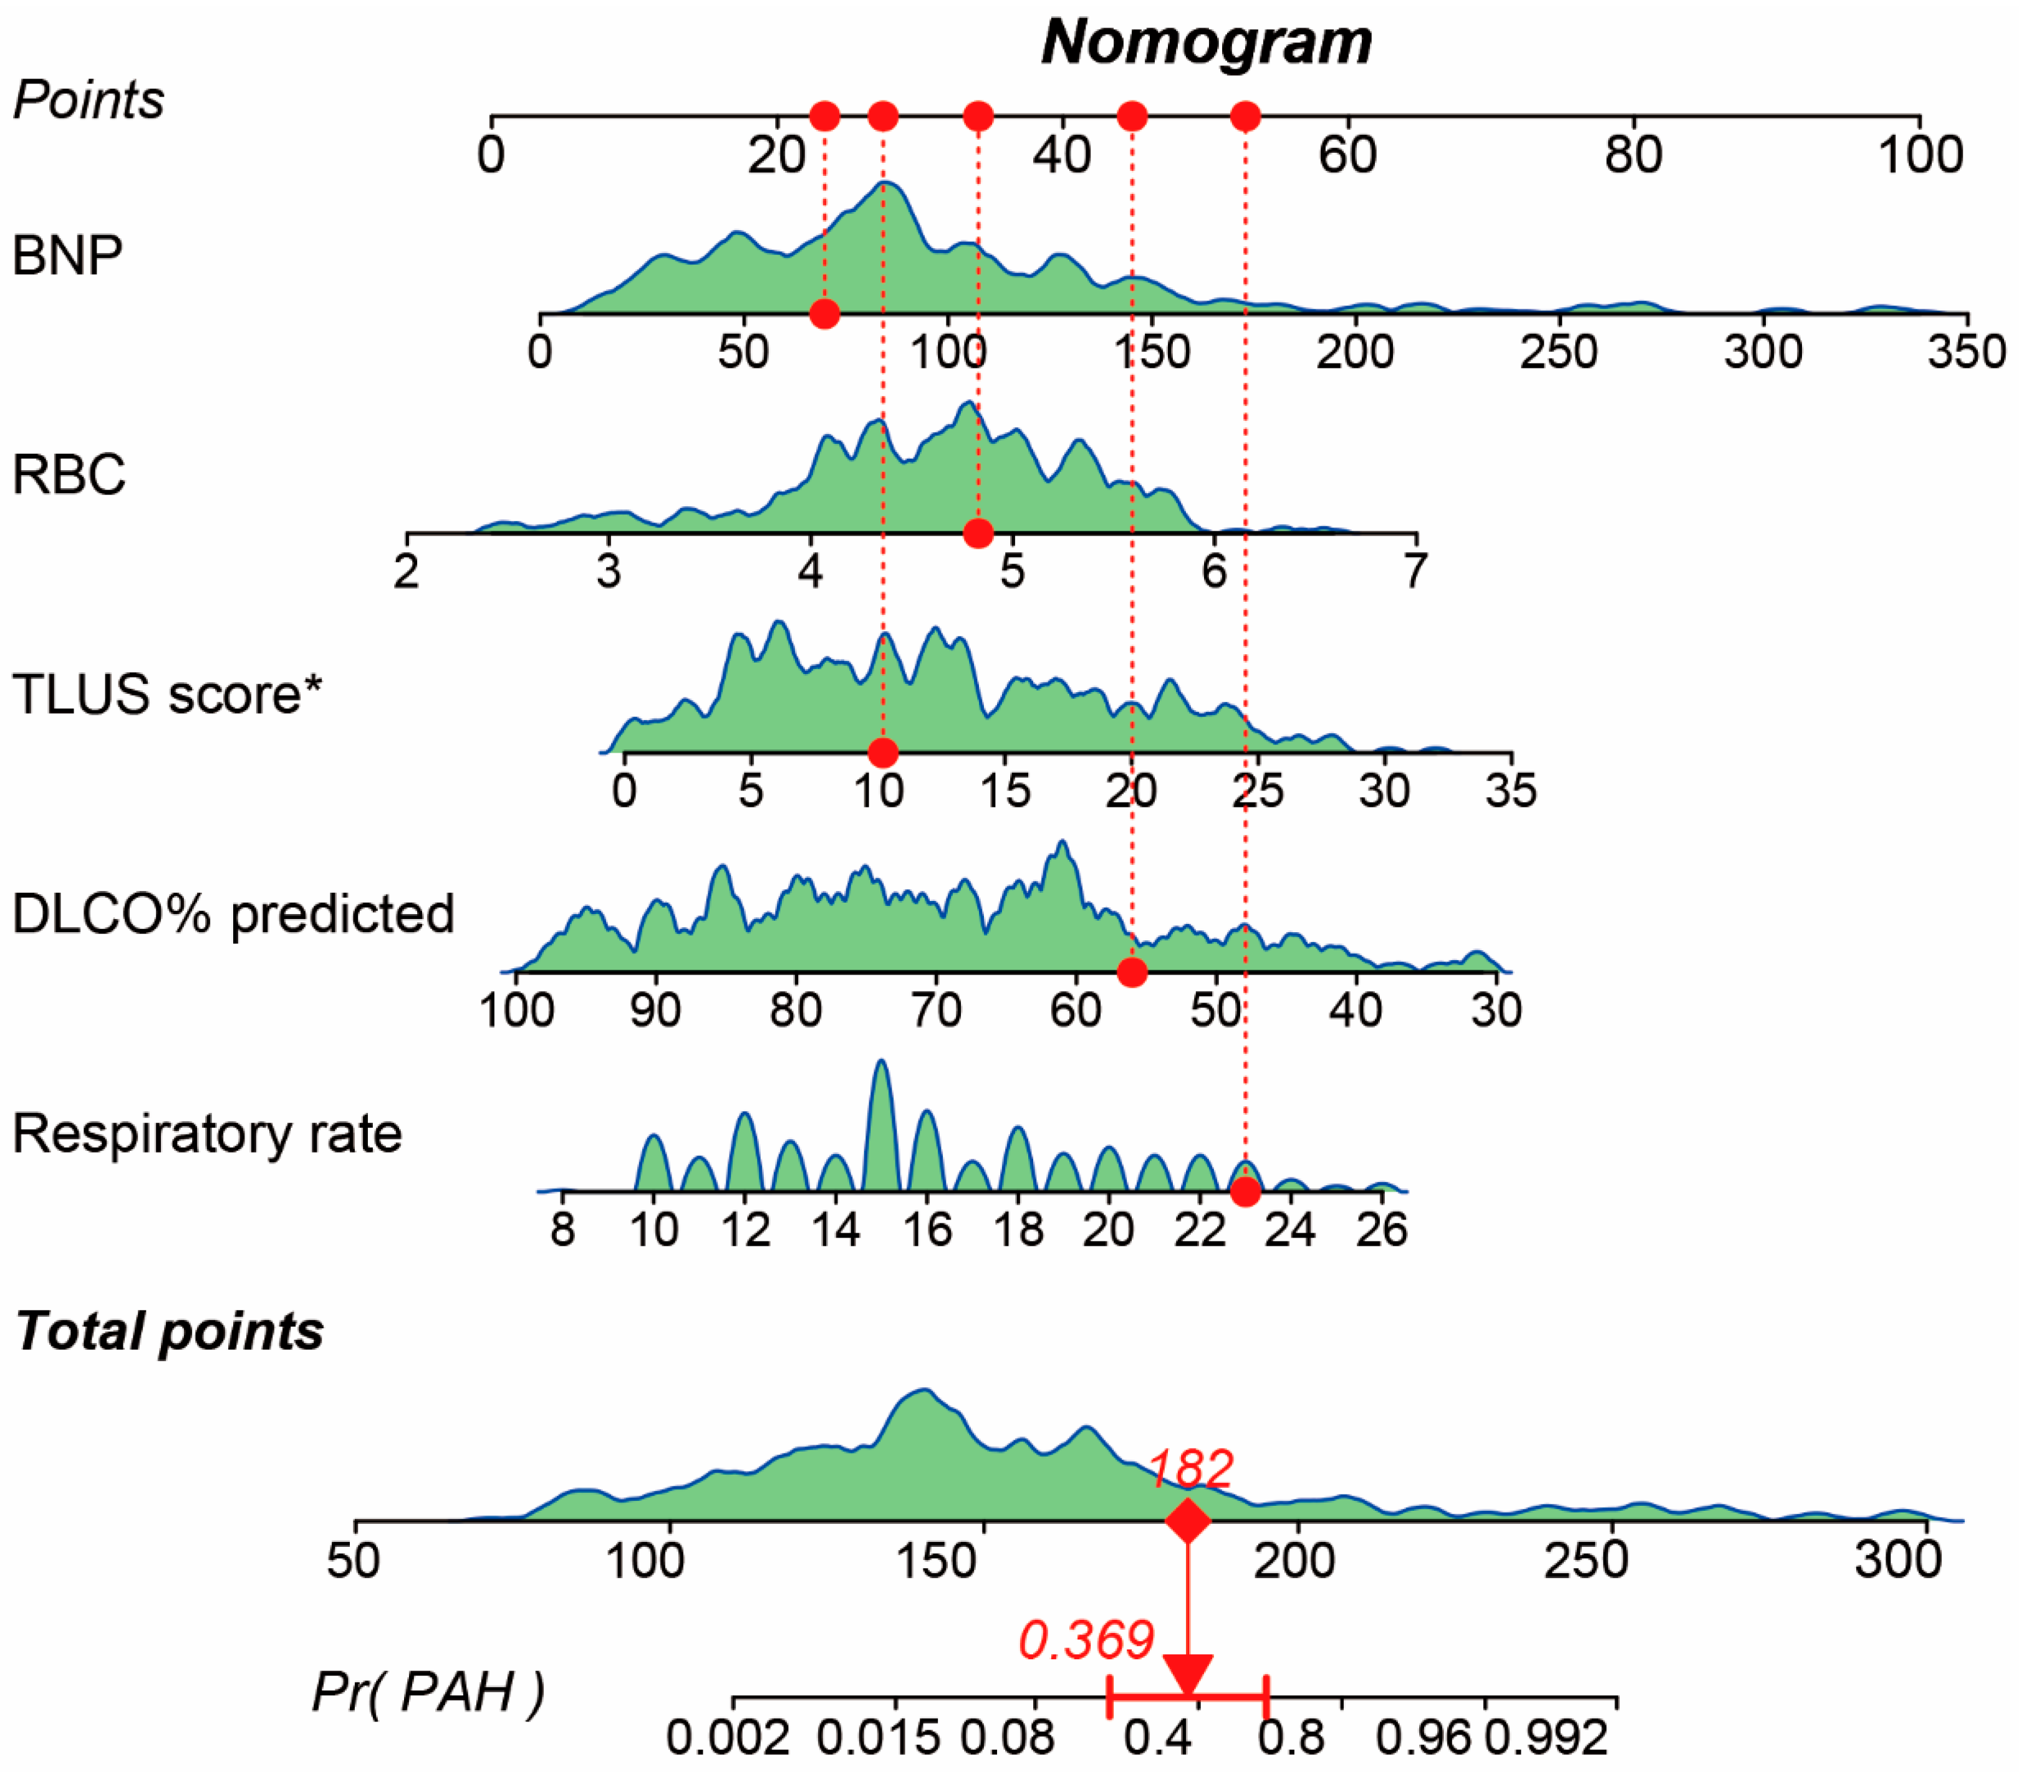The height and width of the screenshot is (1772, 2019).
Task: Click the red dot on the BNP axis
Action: (825, 314)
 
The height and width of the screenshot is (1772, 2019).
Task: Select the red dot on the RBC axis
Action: (978, 533)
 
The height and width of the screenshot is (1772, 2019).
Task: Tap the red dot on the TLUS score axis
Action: (883, 753)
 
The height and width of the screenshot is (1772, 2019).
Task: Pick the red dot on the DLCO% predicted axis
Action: (1132, 972)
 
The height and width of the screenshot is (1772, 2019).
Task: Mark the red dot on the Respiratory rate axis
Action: (1246, 1192)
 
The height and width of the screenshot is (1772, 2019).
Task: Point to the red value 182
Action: (1191, 1469)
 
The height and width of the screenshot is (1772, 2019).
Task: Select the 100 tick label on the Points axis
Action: (1919, 155)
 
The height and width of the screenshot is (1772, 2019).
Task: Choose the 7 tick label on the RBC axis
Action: (1415, 572)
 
